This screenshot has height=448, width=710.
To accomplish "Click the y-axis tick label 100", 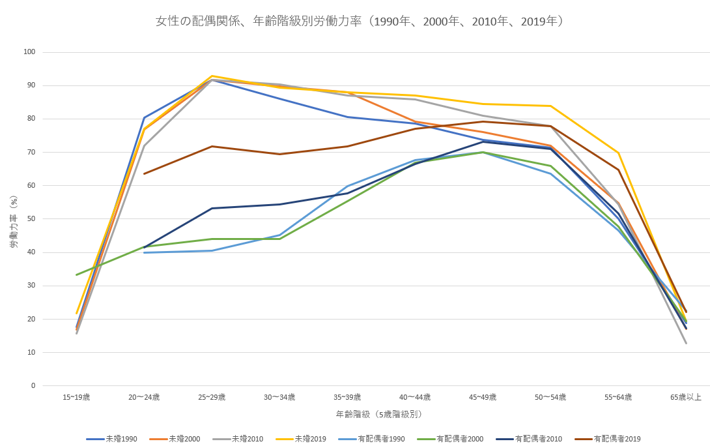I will point(29,52).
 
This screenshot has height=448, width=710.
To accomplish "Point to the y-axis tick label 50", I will point(31,219).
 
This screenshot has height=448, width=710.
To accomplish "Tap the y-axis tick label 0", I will point(33,385).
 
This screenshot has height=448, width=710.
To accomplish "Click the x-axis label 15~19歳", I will point(76,396).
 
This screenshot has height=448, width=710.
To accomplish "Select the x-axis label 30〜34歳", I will point(279,396).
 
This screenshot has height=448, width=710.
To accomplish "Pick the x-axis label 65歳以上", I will point(686,396).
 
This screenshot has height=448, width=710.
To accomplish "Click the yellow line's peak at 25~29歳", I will point(212,76).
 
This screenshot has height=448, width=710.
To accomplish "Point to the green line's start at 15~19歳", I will point(76,275).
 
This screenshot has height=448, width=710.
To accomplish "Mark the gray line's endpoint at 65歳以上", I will point(686,343).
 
